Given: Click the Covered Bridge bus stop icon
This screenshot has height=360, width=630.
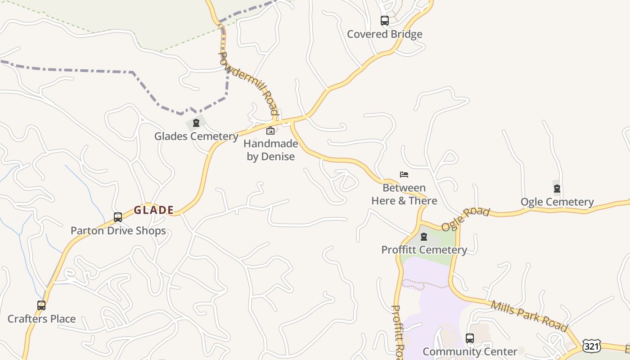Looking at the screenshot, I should click(384, 21).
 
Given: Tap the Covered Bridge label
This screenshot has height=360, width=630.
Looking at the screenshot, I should click(384, 34).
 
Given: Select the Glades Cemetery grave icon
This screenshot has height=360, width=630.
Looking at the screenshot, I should click(196, 123).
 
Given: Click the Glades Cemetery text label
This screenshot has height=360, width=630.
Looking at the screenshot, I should click(196, 136).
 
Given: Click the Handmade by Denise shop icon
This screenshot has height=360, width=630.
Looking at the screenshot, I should click(270, 130).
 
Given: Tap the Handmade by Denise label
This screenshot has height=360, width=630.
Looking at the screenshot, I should click(270, 150).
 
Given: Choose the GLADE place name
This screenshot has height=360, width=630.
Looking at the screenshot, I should click(154, 210).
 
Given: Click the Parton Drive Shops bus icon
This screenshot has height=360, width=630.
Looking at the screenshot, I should click(118, 217).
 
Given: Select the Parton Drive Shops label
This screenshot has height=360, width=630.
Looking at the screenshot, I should click(118, 231).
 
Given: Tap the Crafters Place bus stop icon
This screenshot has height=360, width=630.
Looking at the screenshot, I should click(41, 306).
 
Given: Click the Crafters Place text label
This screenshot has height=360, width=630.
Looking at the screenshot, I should click(41, 319).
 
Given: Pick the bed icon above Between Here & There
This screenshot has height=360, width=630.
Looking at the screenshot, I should click(404, 175).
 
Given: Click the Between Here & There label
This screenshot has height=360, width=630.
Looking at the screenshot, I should click(404, 194).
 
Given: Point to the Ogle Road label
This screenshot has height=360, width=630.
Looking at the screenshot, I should click(465, 219).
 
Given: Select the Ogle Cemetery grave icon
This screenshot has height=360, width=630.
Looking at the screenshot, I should click(557, 189).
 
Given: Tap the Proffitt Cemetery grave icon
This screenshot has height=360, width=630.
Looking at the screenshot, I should click(424, 237).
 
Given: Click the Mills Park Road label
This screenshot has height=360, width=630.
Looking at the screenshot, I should click(529, 316).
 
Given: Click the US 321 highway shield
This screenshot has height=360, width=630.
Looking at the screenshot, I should click(591, 346).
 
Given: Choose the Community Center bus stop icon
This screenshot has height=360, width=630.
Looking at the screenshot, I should click(470, 338).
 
